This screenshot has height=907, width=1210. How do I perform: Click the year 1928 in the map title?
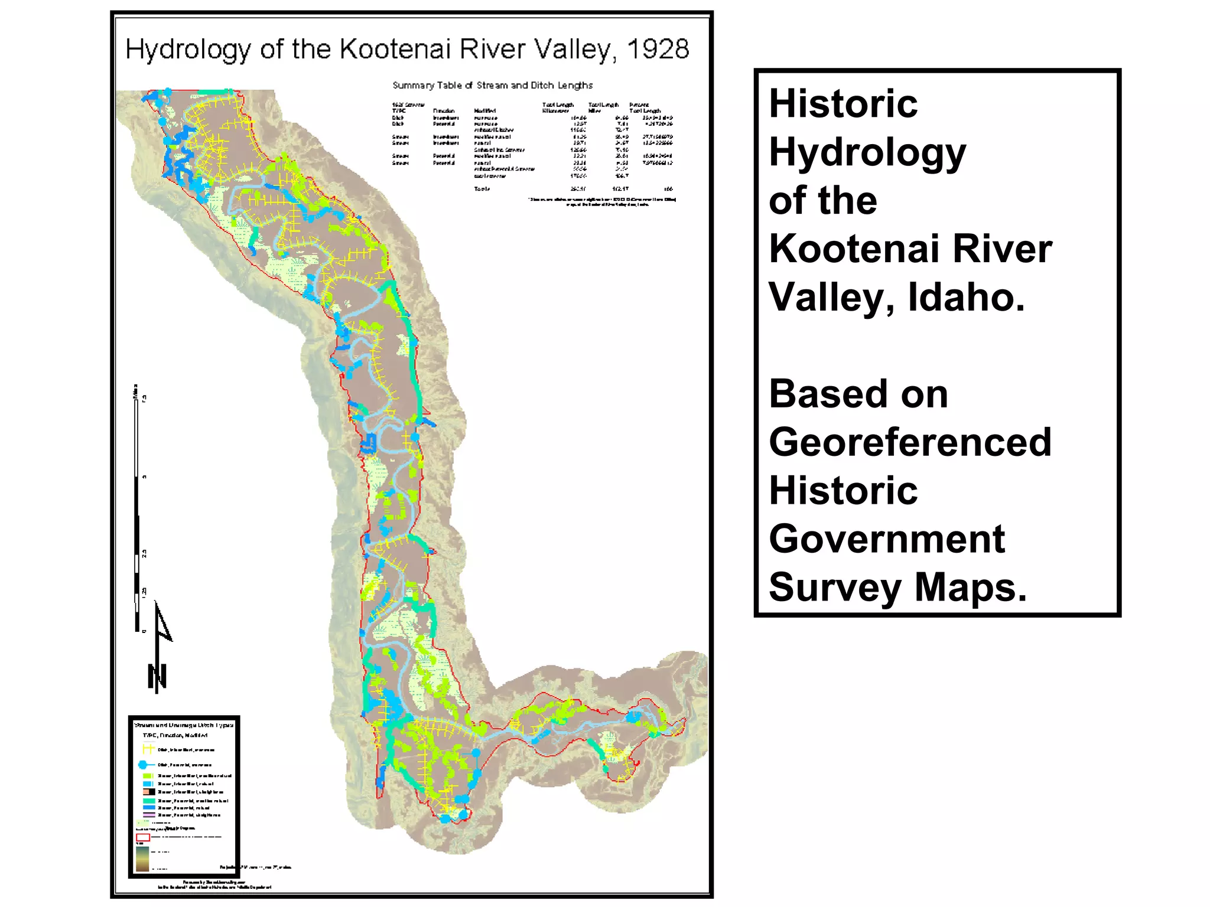pos(657,49)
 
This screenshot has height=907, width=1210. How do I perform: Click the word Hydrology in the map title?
pos(188,49)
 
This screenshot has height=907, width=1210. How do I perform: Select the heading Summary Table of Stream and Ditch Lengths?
pos(492,86)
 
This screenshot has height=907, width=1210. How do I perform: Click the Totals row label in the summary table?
pos(482,189)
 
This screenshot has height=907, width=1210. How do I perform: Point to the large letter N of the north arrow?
pos(157,677)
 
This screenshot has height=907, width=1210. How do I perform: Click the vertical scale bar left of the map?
pos(137,508)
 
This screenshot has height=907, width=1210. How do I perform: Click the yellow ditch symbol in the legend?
pos(148,749)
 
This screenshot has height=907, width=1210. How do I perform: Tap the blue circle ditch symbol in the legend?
pos(142,765)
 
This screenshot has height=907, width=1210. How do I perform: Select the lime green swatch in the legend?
pos(148,776)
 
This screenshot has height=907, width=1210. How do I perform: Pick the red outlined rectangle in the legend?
pos(143,837)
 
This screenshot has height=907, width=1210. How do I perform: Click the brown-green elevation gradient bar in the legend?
pos(142,859)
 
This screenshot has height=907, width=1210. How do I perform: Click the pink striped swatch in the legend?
pos(149,815)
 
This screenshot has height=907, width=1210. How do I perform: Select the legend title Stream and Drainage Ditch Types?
pos(184,725)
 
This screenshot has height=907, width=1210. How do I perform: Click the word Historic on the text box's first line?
pos(843,103)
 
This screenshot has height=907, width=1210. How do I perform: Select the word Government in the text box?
pos(886,539)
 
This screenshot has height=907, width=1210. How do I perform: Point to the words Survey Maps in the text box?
pos(897,587)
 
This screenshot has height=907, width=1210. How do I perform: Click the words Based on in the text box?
pos(858,394)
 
